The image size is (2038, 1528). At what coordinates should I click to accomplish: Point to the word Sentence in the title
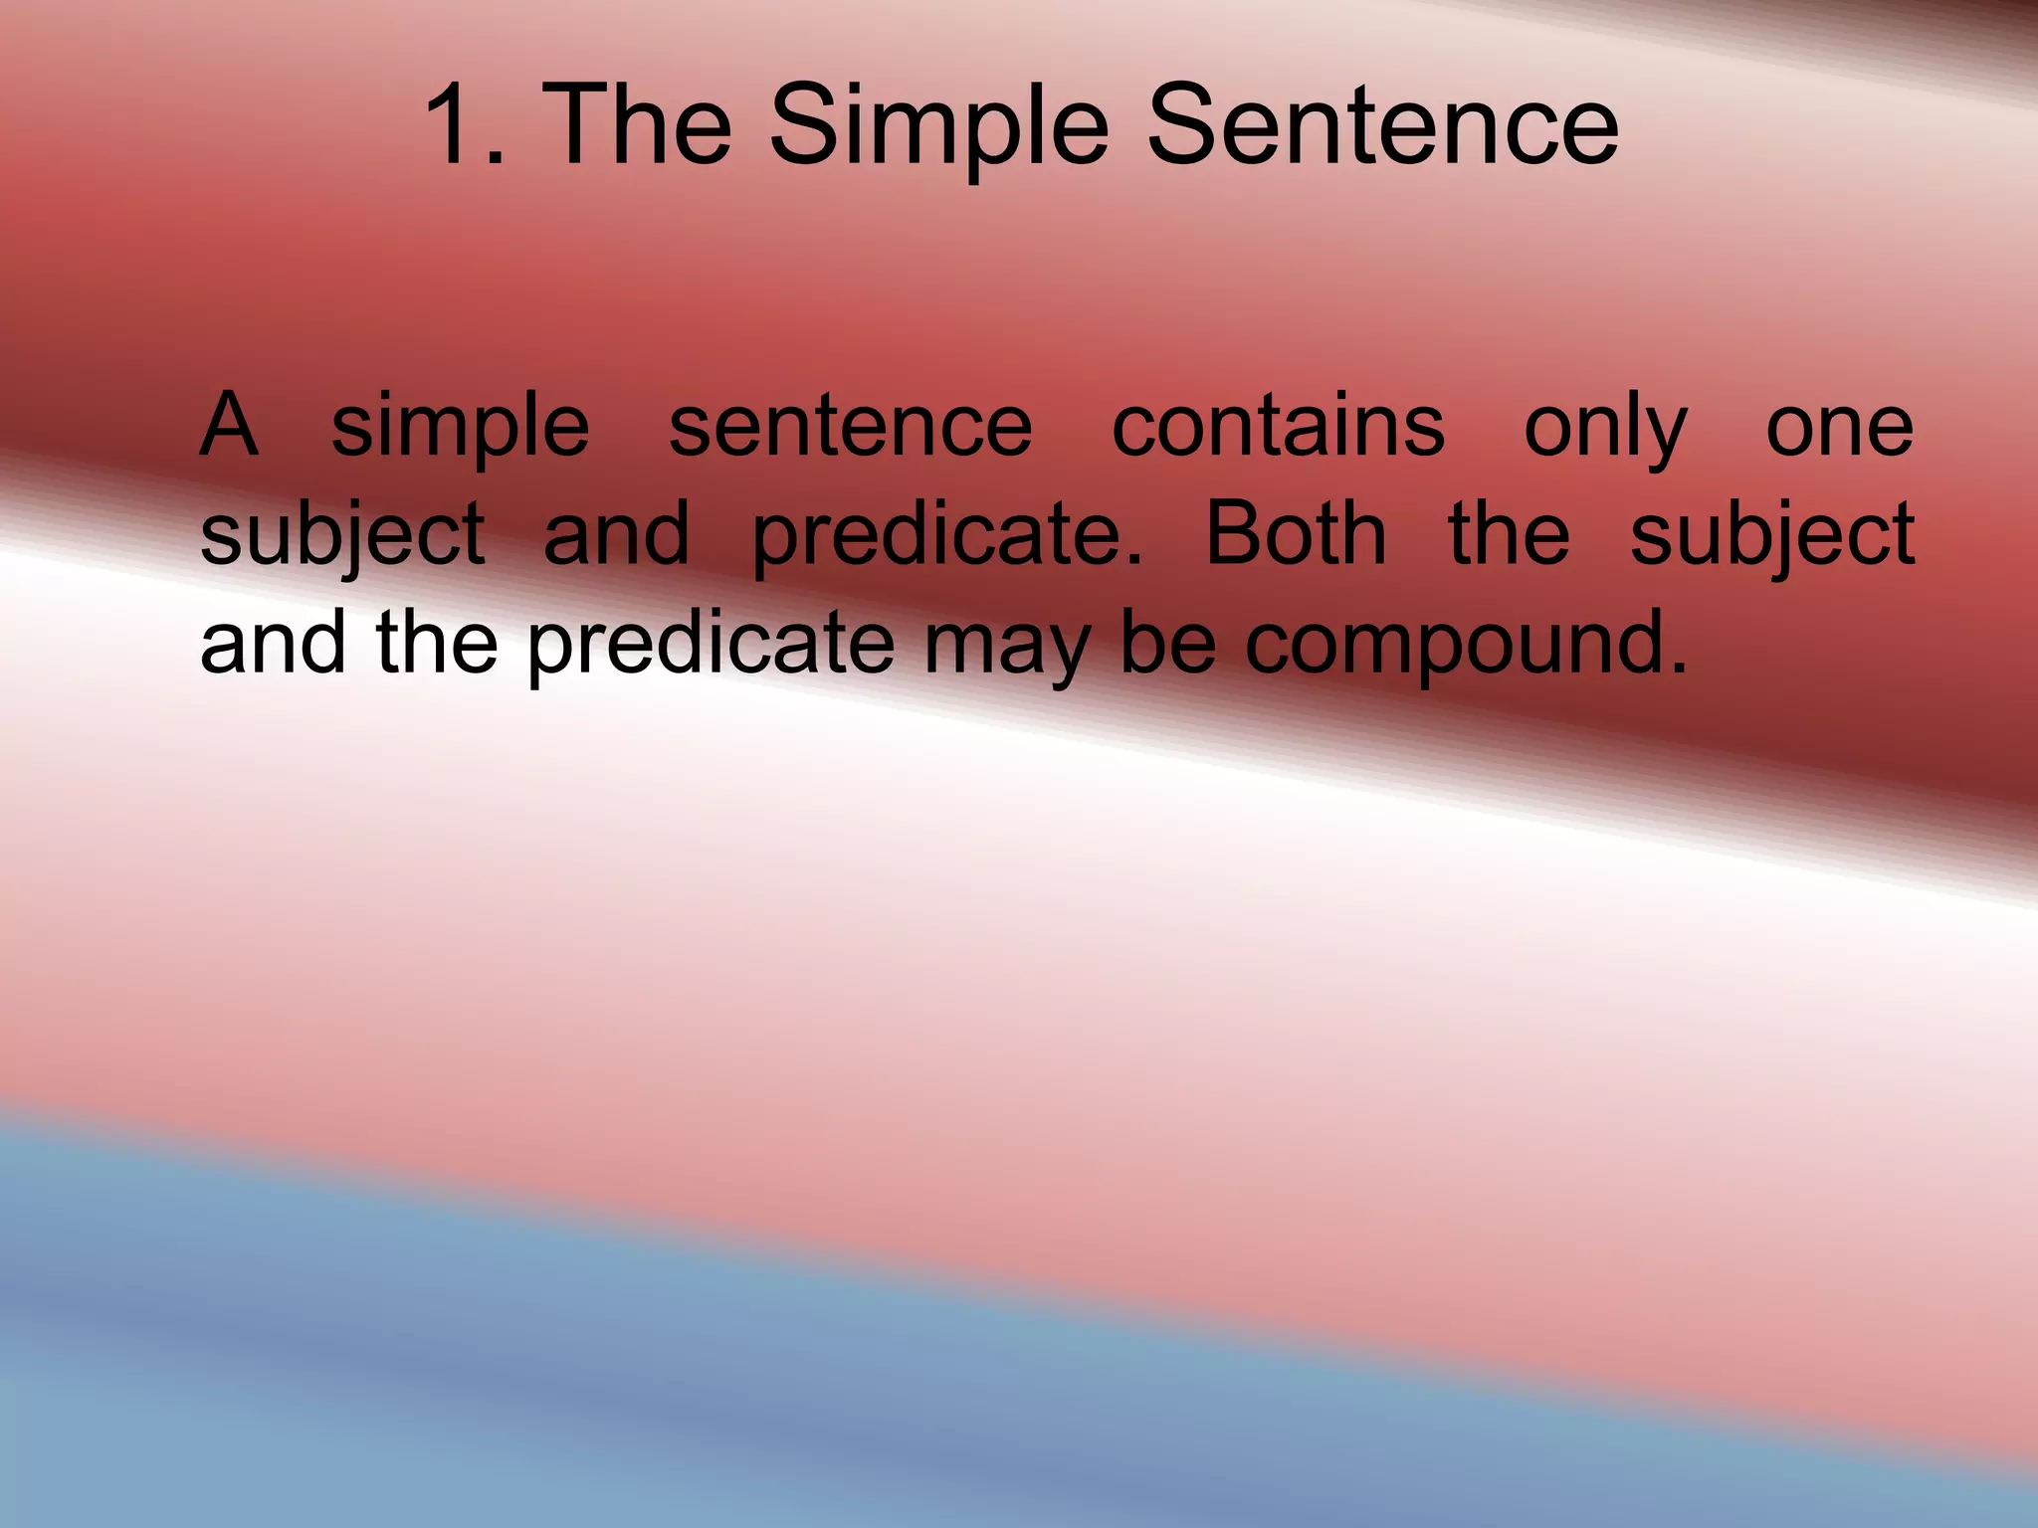1382,126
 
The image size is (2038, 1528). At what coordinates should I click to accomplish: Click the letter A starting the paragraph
229,426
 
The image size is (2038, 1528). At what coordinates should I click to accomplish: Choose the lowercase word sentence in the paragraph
851,426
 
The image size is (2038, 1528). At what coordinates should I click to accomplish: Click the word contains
1278,426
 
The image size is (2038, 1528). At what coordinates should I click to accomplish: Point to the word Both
1296,533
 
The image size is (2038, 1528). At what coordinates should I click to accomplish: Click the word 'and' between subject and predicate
616,535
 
